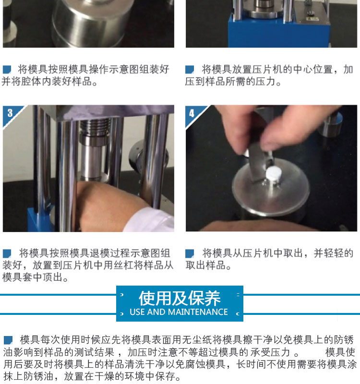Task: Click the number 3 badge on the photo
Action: (10, 113)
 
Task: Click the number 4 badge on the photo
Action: (192, 113)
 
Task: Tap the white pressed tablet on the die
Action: (273, 174)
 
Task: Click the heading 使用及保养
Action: (180, 298)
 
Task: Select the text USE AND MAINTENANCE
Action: (179, 312)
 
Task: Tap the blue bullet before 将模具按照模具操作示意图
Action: (7, 70)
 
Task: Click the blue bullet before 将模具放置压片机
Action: (190, 70)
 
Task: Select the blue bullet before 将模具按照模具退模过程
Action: (7, 253)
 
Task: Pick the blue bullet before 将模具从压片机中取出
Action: (190, 253)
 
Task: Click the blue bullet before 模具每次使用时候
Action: (8, 340)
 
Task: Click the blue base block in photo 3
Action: (40, 219)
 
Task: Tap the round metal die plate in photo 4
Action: (271, 188)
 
